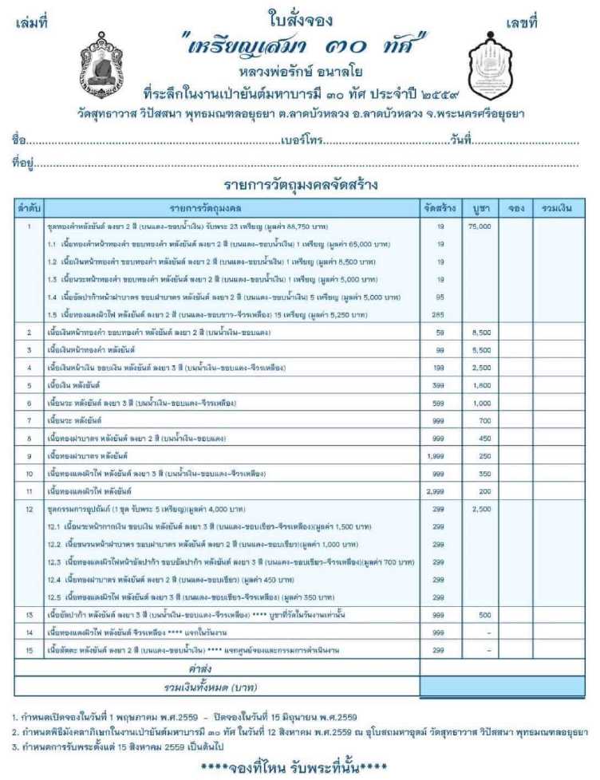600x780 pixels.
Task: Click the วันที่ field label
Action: [x=462, y=140]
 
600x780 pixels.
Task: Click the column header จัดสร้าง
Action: [x=440, y=208]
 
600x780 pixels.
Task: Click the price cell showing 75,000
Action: [x=480, y=227]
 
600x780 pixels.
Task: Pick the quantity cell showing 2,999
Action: [x=440, y=489]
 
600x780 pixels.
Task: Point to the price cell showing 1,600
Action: [x=480, y=384]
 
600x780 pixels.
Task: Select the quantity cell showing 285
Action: [x=440, y=314]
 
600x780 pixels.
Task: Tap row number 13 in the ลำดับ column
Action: [x=29, y=615]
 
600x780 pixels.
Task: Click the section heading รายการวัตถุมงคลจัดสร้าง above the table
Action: [x=300, y=186]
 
